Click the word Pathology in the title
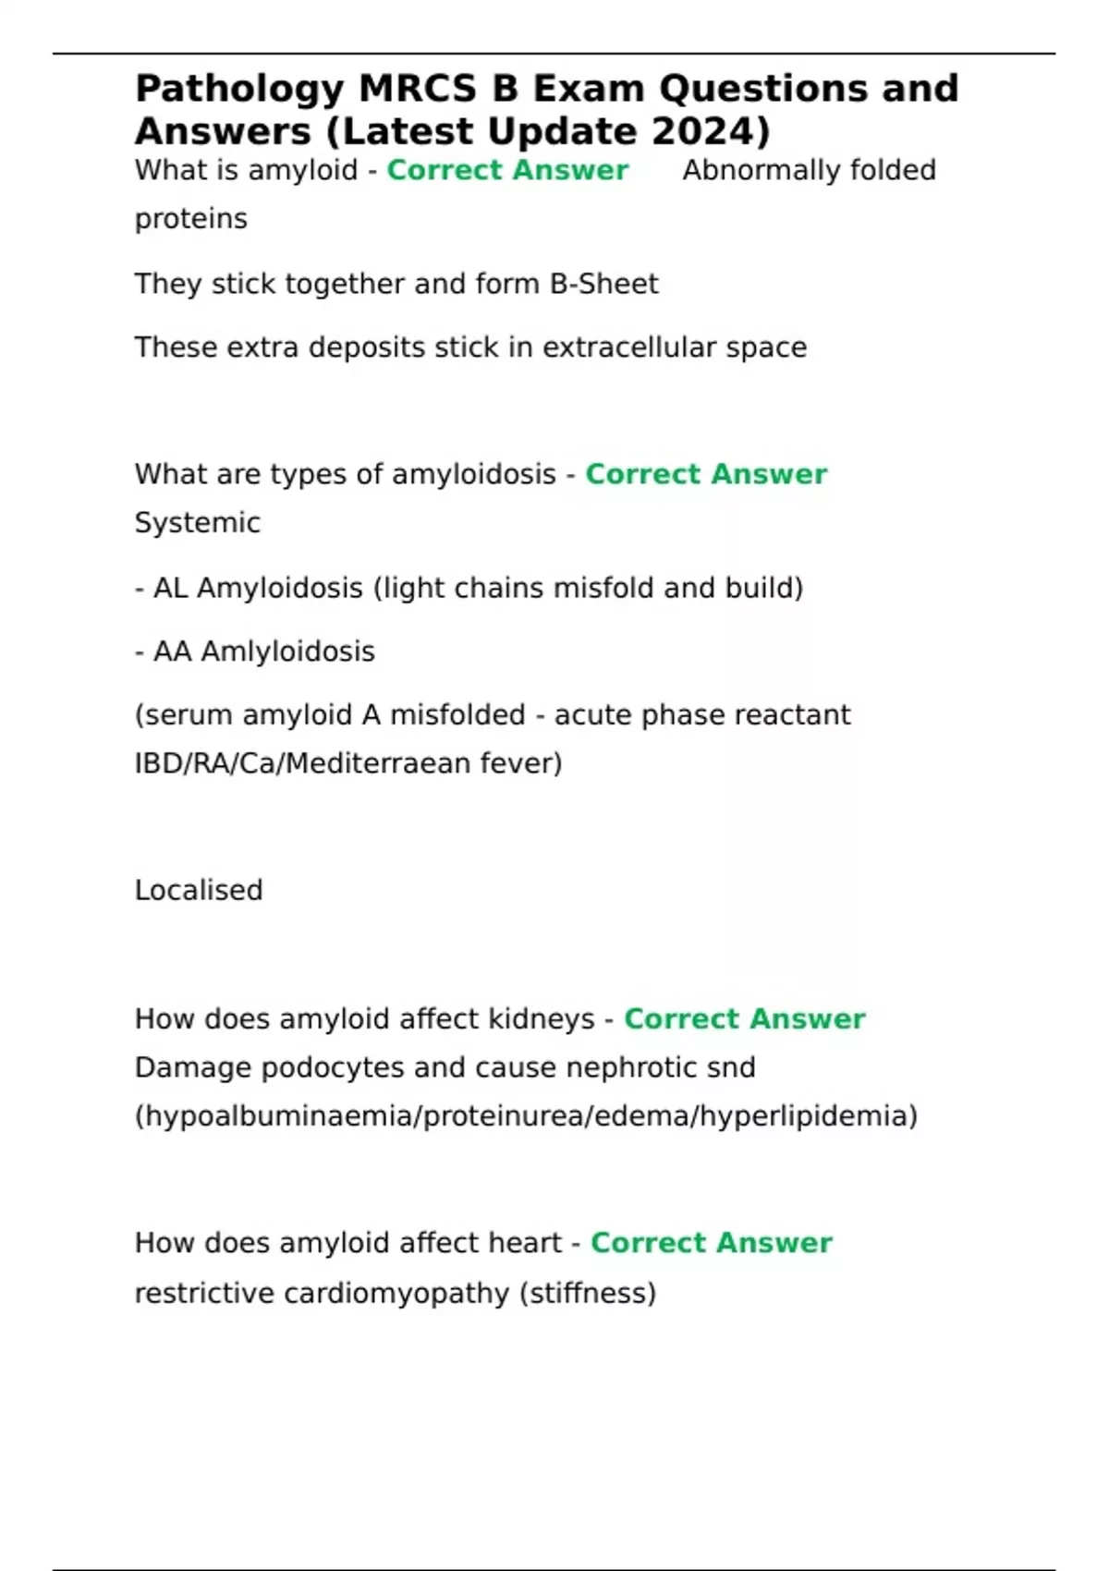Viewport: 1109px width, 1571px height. coord(239,90)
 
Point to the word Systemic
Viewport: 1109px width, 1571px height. coord(198,523)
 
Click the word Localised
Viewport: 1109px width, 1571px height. coord(199,890)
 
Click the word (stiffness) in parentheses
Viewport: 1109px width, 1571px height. coord(588,1293)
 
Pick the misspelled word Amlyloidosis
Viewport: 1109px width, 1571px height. coord(287,652)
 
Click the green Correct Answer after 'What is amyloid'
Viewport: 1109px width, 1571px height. coord(507,170)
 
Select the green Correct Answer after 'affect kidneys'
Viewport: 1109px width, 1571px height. coord(744,1019)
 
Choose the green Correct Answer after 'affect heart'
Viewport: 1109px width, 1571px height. coord(711,1243)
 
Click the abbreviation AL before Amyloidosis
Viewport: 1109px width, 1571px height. coord(171,588)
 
